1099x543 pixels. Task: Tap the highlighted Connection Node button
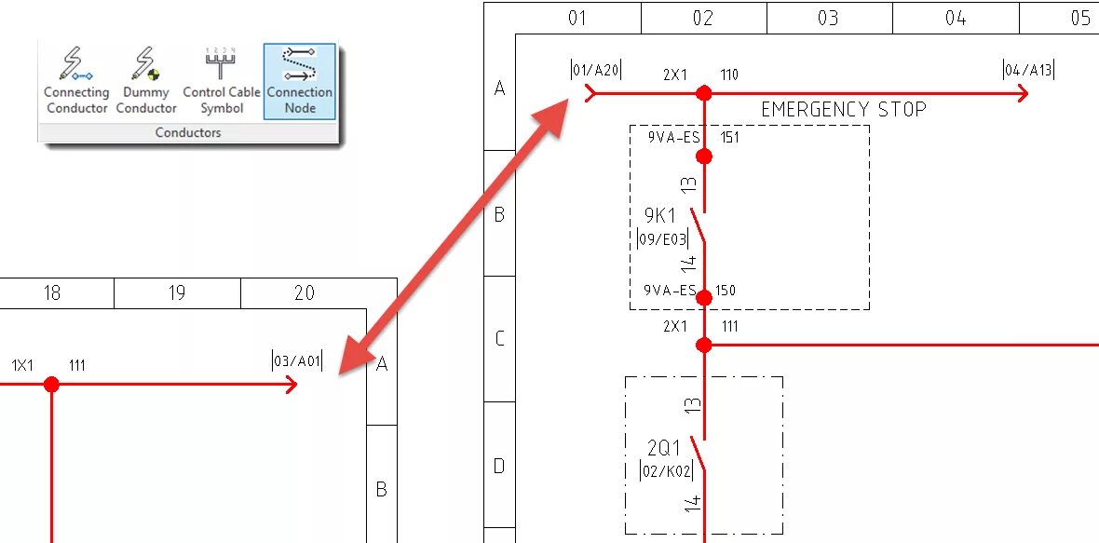[x=299, y=81]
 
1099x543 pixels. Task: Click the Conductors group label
[x=187, y=133]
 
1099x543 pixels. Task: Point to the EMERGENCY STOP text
[x=843, y=110]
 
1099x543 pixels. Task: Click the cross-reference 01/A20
[x=595, y=70]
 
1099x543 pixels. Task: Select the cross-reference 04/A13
[x=1027, y=70]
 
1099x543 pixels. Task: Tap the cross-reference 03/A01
[x=297, y=361]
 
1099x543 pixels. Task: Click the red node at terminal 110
[x=704, y=93]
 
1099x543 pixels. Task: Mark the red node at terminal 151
[x=704, y=156]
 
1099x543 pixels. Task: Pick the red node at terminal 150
[x=704, y=298]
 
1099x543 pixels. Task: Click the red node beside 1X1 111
[x=51, y=384]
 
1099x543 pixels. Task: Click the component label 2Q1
[x=664, y=448]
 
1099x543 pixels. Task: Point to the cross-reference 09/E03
[x=661, y=239]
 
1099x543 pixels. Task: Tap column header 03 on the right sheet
[x=828, y=19]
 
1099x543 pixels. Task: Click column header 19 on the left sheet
[x=177, y=293]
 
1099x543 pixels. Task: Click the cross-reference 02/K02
[x=666, y=471]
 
